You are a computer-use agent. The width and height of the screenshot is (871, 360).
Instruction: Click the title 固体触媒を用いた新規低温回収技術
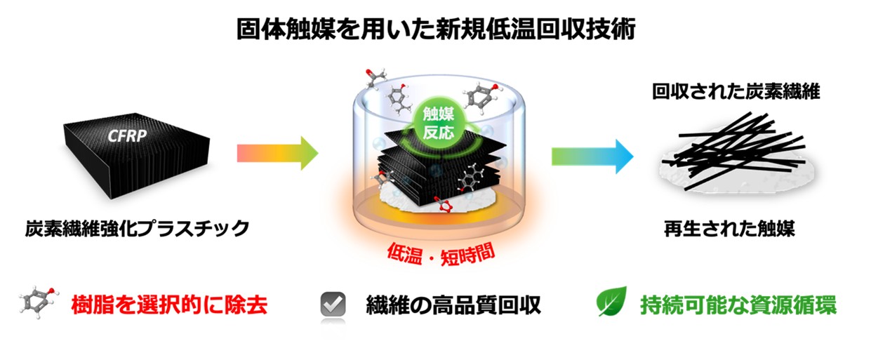coord(436,29)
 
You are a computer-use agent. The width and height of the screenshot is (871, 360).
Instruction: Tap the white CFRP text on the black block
coord(127,135)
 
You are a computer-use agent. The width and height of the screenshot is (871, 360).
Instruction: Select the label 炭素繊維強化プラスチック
coord(137,229)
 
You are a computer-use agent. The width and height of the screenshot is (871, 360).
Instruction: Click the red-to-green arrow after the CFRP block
coord(278,153)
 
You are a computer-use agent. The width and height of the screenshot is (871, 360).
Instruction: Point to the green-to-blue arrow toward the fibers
coord(592,156)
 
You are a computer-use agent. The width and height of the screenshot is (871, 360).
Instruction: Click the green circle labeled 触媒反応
coord(439,124)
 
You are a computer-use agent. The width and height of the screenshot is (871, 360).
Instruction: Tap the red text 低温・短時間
coord(441,254)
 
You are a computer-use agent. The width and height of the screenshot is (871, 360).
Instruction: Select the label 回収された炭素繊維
coord(736,92)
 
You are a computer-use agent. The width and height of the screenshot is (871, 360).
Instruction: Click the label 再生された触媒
coord(729,229)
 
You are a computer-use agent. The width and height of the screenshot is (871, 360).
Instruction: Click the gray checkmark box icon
coord(333,304)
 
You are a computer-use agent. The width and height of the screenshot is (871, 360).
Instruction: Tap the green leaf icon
coord(611,302)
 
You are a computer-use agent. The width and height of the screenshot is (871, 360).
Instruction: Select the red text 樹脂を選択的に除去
coord(169,305)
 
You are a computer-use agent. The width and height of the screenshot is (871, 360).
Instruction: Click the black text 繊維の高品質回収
coord(453,305)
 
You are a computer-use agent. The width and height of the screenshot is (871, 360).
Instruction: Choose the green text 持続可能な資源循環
coord(738,305)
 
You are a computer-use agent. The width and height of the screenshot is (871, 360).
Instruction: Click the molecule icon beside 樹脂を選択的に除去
coord(39,302)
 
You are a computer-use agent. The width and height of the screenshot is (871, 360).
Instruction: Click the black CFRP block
coord(136,156)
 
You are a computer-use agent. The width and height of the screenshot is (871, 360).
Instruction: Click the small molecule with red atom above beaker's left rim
coord(375,78)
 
